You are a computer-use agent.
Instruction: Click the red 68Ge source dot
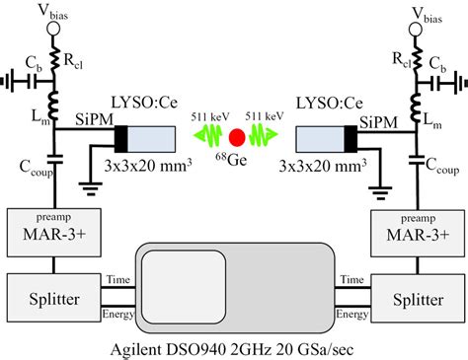coord(236,137)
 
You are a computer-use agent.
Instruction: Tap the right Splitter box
coord(412,295)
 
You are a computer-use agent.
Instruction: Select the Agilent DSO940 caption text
coord(232,347)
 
